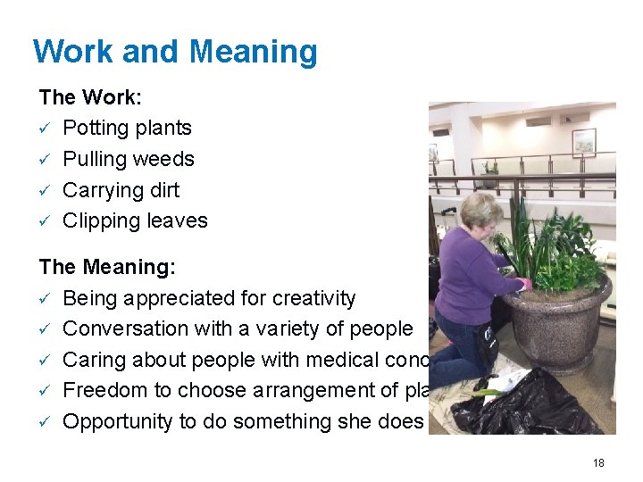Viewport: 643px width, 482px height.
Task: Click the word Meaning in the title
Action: pos(253,52)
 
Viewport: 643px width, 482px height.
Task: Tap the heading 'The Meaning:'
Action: pos(107,267)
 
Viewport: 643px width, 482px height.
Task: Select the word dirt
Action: pos(165,190)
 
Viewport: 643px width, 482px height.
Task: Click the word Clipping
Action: pos(100,221)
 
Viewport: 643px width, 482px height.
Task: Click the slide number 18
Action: pos(598,462)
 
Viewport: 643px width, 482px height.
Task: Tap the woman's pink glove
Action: pos(525,284)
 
